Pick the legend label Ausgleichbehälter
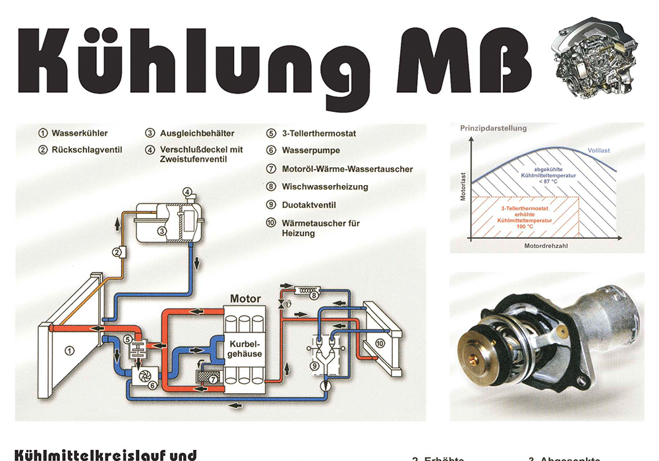197,133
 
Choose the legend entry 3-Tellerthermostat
319,133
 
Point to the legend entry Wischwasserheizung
325,186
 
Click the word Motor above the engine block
245,298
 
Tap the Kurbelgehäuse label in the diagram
245,349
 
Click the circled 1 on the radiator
69,351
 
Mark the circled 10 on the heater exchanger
380,343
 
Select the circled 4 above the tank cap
187,192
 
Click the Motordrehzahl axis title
547,246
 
